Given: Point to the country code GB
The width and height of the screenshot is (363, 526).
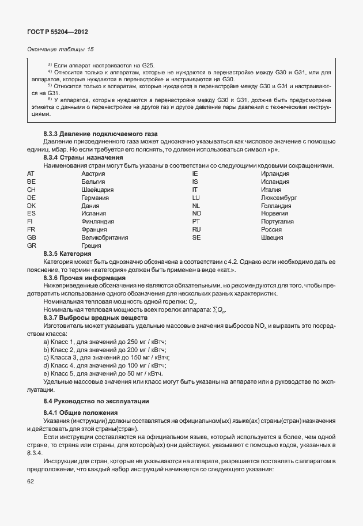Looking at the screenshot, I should (32, 237).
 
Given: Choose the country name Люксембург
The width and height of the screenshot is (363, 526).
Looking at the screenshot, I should (279, 198).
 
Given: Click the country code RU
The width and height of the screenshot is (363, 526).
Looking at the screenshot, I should (196, 229).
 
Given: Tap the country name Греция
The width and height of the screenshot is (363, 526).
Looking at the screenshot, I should (92, 245).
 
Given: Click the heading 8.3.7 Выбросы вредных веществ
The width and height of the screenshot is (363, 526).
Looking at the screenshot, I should (96, 317).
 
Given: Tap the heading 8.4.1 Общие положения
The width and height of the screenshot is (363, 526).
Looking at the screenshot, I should (81, 413).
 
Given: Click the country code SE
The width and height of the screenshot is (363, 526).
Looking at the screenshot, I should (196, 237).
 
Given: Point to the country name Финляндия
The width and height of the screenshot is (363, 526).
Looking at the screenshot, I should (97, 221).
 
